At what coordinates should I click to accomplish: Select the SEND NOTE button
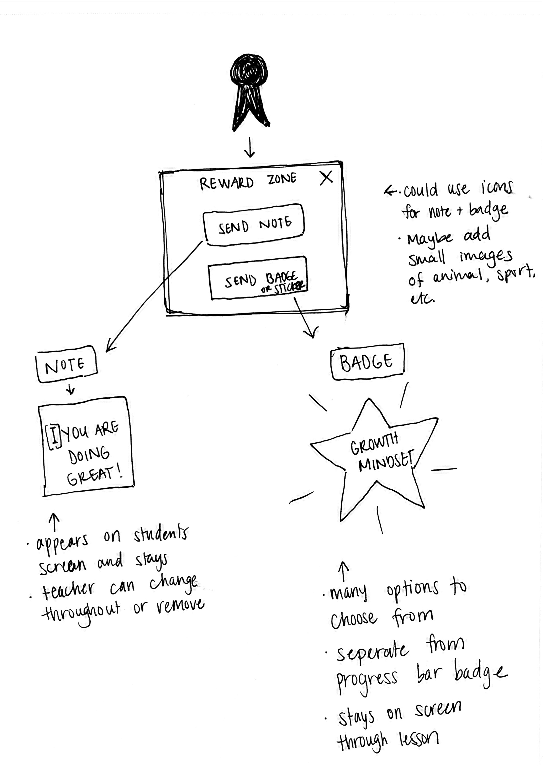(x=254, y=225)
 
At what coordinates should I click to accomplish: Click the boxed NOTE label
(x=66, y=365)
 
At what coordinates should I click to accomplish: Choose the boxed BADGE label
(x=367, y=362)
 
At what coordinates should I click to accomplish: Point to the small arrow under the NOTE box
(x=70, y=389)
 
